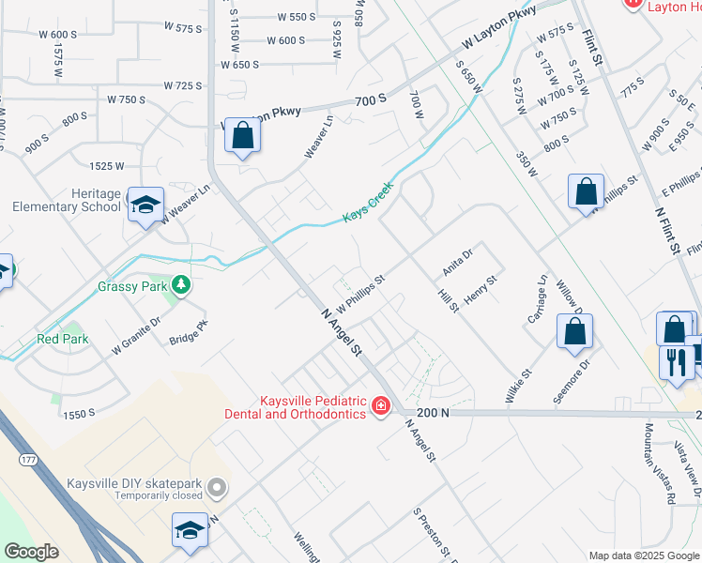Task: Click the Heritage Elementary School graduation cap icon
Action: [x=145, y=205]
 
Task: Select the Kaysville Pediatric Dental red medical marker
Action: [x=381, y=405]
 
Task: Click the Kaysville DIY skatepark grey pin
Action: [x=218, y=486]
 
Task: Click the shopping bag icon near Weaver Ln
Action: [x=242, y=135]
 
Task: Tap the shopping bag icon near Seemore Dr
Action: [x=574, y=331]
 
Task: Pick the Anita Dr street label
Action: [x=457, y=262]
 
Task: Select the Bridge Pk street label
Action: [x=188, y=333]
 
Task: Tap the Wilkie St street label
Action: [x=519, y=385]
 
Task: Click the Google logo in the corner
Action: [x=31, y=552]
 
